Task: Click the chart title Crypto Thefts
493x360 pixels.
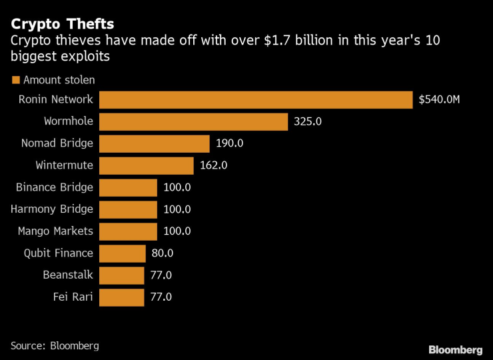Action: click(x=62, y=24)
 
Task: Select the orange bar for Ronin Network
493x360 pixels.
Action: click(x=256, y=100)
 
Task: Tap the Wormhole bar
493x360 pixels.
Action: click(x=194, y=121)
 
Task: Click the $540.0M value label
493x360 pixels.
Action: click(x=440, y=100)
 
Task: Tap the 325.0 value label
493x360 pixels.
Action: click(x=307, y=122)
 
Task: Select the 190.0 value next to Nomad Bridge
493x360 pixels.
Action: click(x=230, y=143)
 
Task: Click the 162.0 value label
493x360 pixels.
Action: click(x=213, y=165)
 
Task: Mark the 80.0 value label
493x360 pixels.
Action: click(x=162, y=253)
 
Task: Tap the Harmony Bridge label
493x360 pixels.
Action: click(x=52, y=209)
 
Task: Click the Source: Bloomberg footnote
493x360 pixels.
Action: click(x=55, y=345)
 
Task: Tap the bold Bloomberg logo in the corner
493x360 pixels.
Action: click(x=455, y=349)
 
